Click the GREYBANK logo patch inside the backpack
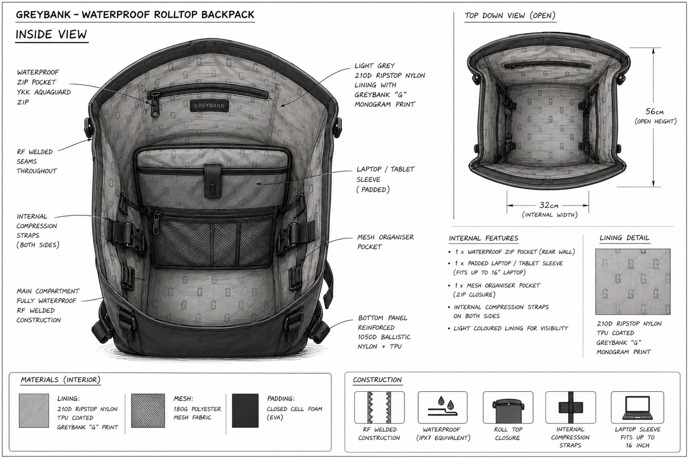pos(209,105)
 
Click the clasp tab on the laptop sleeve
pos(213,181)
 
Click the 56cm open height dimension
pos(654,111)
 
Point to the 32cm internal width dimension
pos(548,205)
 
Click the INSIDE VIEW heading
pos(51,34)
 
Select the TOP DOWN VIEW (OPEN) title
pos(510,15)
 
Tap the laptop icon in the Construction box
pos(638,408)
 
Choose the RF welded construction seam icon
pos(379,408)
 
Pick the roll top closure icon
pos(508,411)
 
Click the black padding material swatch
pos(245,410)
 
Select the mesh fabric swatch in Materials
pos(148,410)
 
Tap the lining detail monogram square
pos(633,282)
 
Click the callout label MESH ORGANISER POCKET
pos(385,242)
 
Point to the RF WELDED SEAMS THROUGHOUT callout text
pos(37,161)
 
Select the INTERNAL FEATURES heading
pos(483,238)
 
